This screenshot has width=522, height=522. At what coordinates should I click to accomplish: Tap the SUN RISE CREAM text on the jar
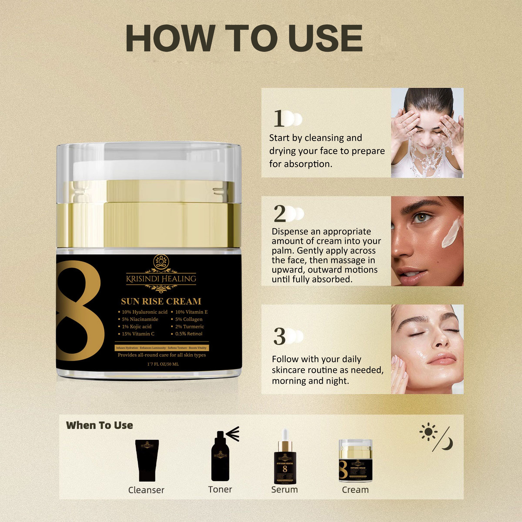tap(161, 301)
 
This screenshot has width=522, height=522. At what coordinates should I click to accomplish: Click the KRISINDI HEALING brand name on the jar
tap(161, 279)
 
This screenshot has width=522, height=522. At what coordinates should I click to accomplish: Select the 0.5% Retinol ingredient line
tap(189, 334)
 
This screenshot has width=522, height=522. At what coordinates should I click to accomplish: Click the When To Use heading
tap(99, 425)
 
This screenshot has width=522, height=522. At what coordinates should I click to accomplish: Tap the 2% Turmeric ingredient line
tap(189, 326)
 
